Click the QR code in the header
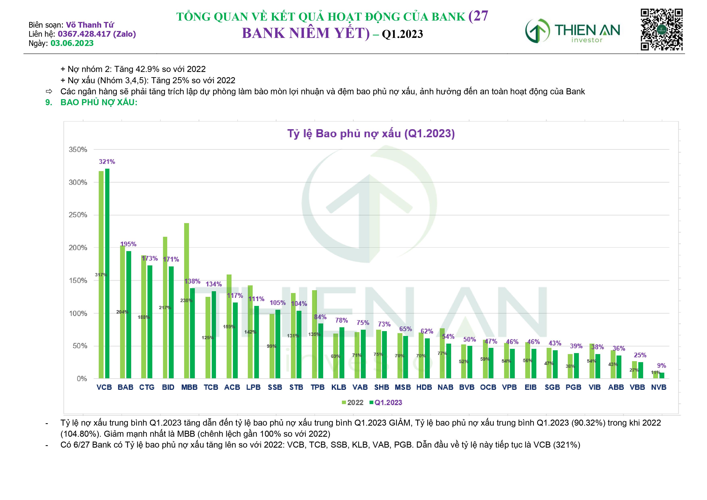click(x=661, y=30)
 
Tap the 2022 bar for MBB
click(x=186, y=300)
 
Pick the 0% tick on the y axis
click(x=82, y=379)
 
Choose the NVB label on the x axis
click(x=658, y=388)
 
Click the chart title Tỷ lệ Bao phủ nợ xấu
click(x=371, y=134)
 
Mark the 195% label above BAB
click(x=128, y=244)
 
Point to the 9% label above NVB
click(x=661, y=366)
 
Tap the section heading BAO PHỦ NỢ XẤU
click(x=99, y=103)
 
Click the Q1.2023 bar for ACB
click(x=235, y=340)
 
